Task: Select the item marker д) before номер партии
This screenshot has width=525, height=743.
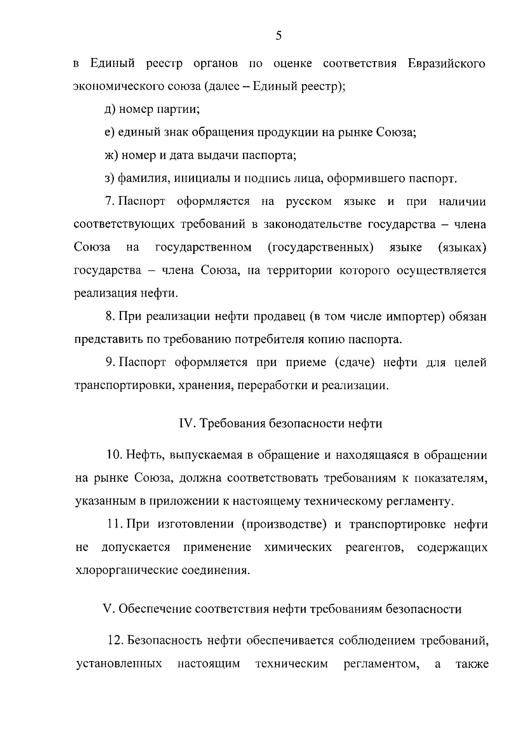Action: click(110, 110)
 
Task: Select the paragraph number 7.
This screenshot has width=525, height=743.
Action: click(109, 202)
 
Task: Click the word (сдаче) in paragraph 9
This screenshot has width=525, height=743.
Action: click(355, 362)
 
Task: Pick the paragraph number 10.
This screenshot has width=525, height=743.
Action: click(113, 455)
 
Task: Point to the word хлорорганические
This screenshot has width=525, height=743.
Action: click(126, 570)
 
